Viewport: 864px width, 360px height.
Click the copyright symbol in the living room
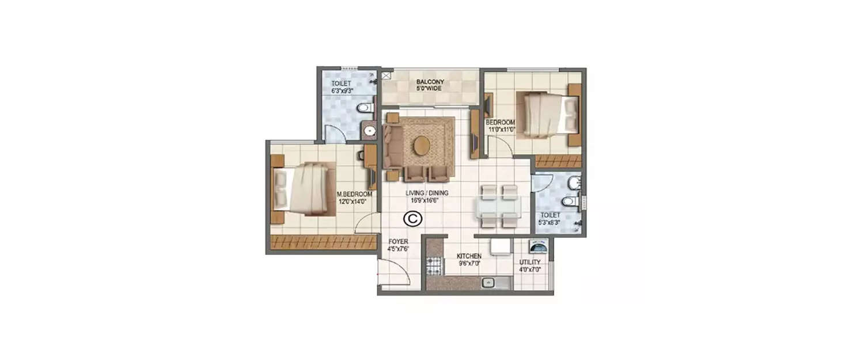(412, 218)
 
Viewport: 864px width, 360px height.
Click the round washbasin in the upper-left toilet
(369, 131)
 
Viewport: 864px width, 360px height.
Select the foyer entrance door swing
(397, 271)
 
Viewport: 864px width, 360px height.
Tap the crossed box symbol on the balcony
(385, 75)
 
